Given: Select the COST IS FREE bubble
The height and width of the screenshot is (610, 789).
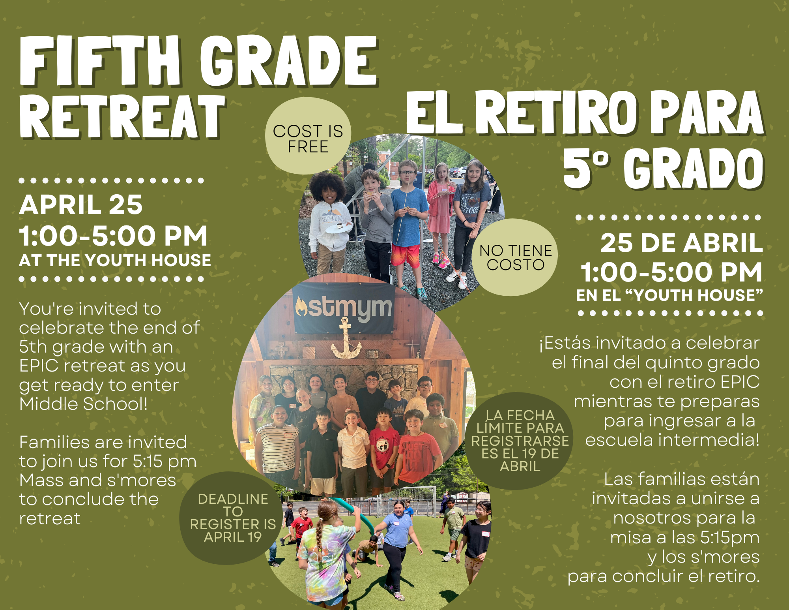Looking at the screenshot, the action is pos(308,136).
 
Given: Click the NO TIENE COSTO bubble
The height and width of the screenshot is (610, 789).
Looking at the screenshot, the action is pos(515,257).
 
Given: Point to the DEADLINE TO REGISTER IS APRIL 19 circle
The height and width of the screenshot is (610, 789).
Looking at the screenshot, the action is pos(232,518).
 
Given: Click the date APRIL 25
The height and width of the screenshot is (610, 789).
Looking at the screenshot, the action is pos(81,205).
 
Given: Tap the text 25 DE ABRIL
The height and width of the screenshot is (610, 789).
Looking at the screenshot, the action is pos(681,242).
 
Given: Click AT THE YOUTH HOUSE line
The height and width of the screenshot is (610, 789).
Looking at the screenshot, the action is pos(115,260).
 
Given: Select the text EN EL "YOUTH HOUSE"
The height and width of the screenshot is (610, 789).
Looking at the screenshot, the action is pos(669,295).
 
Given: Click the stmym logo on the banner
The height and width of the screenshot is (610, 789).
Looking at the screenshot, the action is pos(344,308).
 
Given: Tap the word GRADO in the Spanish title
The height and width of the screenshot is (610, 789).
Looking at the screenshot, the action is pos(694,169).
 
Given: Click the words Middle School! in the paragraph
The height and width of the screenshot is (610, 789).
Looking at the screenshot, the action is pos(84,404).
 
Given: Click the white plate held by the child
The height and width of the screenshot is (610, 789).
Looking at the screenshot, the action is pos(338,228).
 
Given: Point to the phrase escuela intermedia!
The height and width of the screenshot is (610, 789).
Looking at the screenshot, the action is pos(672,440).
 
